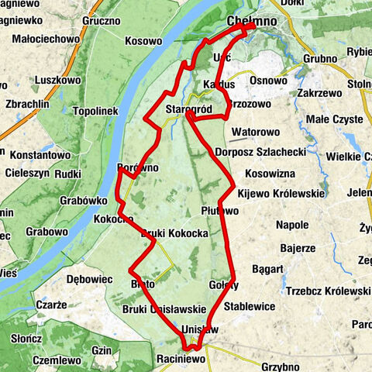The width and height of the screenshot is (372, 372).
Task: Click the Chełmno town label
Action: [253, 22]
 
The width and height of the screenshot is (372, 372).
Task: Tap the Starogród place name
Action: [189, 111]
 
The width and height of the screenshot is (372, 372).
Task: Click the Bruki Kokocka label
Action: [174, 232]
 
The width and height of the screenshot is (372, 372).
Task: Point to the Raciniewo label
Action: [181, 360]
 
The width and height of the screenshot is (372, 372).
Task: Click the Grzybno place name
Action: [281, 363]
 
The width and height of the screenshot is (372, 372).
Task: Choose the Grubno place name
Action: [320, 58]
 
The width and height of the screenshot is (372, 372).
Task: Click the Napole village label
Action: [293, 225]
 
